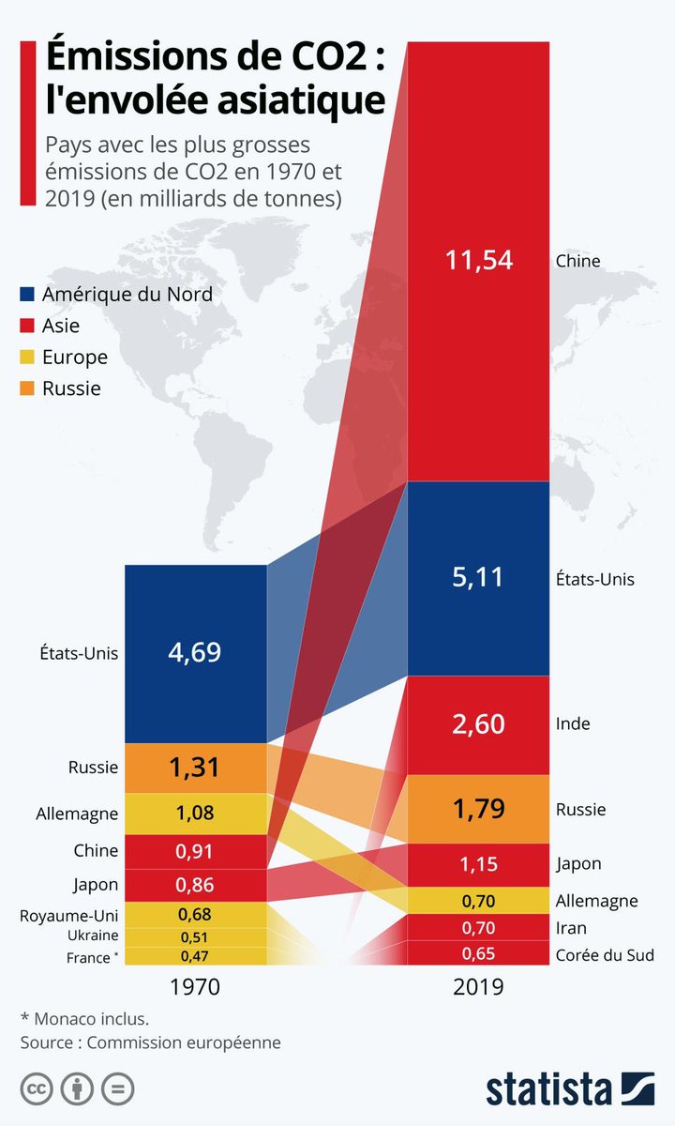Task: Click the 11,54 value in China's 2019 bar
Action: (x=479, y=260)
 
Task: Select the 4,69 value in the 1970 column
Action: (x=195, y=652)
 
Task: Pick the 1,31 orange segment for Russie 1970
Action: (x=195, y=767)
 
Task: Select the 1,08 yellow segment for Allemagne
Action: (x=195, y=813)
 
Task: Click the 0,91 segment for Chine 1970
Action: (x=195, y=851)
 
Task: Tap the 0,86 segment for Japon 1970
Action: (x=195, y=883)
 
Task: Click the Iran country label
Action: (x=571, y=928)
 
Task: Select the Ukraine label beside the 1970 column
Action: (x=92, y=936)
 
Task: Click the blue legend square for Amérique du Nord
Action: (x=28, y=295)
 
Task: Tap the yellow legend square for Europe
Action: (x=28, y=358)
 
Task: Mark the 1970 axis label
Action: (x=195, y=987)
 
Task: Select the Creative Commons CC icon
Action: (x=37, y=1088)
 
